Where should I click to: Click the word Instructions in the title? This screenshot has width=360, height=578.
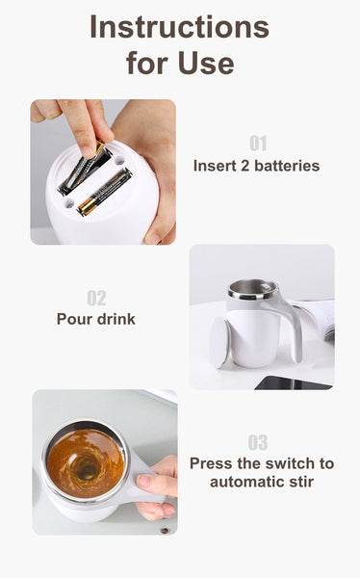(179, 27)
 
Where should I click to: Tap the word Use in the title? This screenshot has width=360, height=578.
(205, 64)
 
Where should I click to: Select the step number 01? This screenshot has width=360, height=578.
(257, 144)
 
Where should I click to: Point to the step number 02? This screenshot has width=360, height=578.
(96, 298)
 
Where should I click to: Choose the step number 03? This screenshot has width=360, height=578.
(257, 442)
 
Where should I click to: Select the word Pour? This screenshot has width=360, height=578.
(74, 319)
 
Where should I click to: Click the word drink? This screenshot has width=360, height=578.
(116, 319)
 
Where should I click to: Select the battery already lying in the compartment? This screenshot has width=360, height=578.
(104, 193)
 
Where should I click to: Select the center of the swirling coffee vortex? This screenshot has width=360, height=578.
(87, 470)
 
